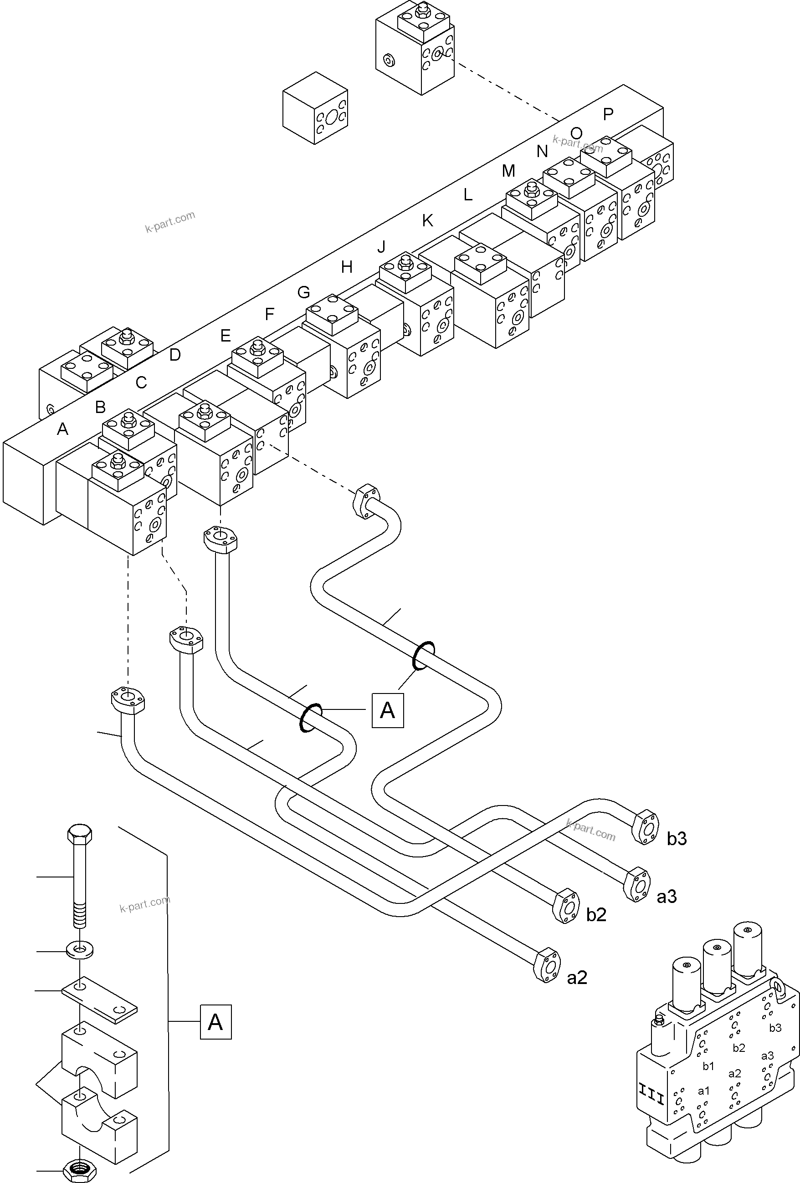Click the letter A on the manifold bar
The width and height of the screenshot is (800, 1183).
62,429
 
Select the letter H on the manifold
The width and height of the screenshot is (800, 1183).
347,267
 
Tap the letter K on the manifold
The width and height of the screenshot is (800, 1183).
427,220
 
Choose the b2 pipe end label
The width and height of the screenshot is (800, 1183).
596,915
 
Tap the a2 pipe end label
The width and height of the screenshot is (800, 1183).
577,978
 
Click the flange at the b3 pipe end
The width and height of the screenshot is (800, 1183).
645,827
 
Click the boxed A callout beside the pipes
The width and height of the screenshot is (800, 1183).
388,709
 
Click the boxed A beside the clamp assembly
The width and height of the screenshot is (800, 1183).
215,1022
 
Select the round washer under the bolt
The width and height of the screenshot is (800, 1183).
79,950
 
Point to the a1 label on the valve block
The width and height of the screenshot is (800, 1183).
703,1091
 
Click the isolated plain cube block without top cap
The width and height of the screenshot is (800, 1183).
315,108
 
